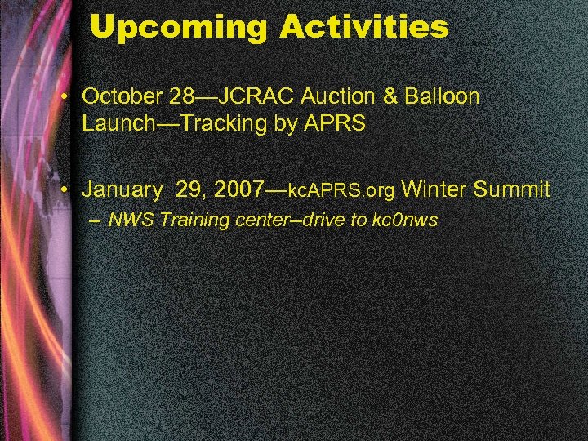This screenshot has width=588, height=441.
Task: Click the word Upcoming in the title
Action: (180, 28)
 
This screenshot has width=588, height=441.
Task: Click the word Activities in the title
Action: (364, 28)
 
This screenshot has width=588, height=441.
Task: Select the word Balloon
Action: (443, 96)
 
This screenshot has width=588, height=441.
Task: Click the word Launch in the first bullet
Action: (112, 124)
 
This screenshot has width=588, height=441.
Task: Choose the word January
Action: (122, 190)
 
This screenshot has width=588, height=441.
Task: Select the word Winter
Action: (434, 190)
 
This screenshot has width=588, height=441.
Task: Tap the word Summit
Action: (512, 190)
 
